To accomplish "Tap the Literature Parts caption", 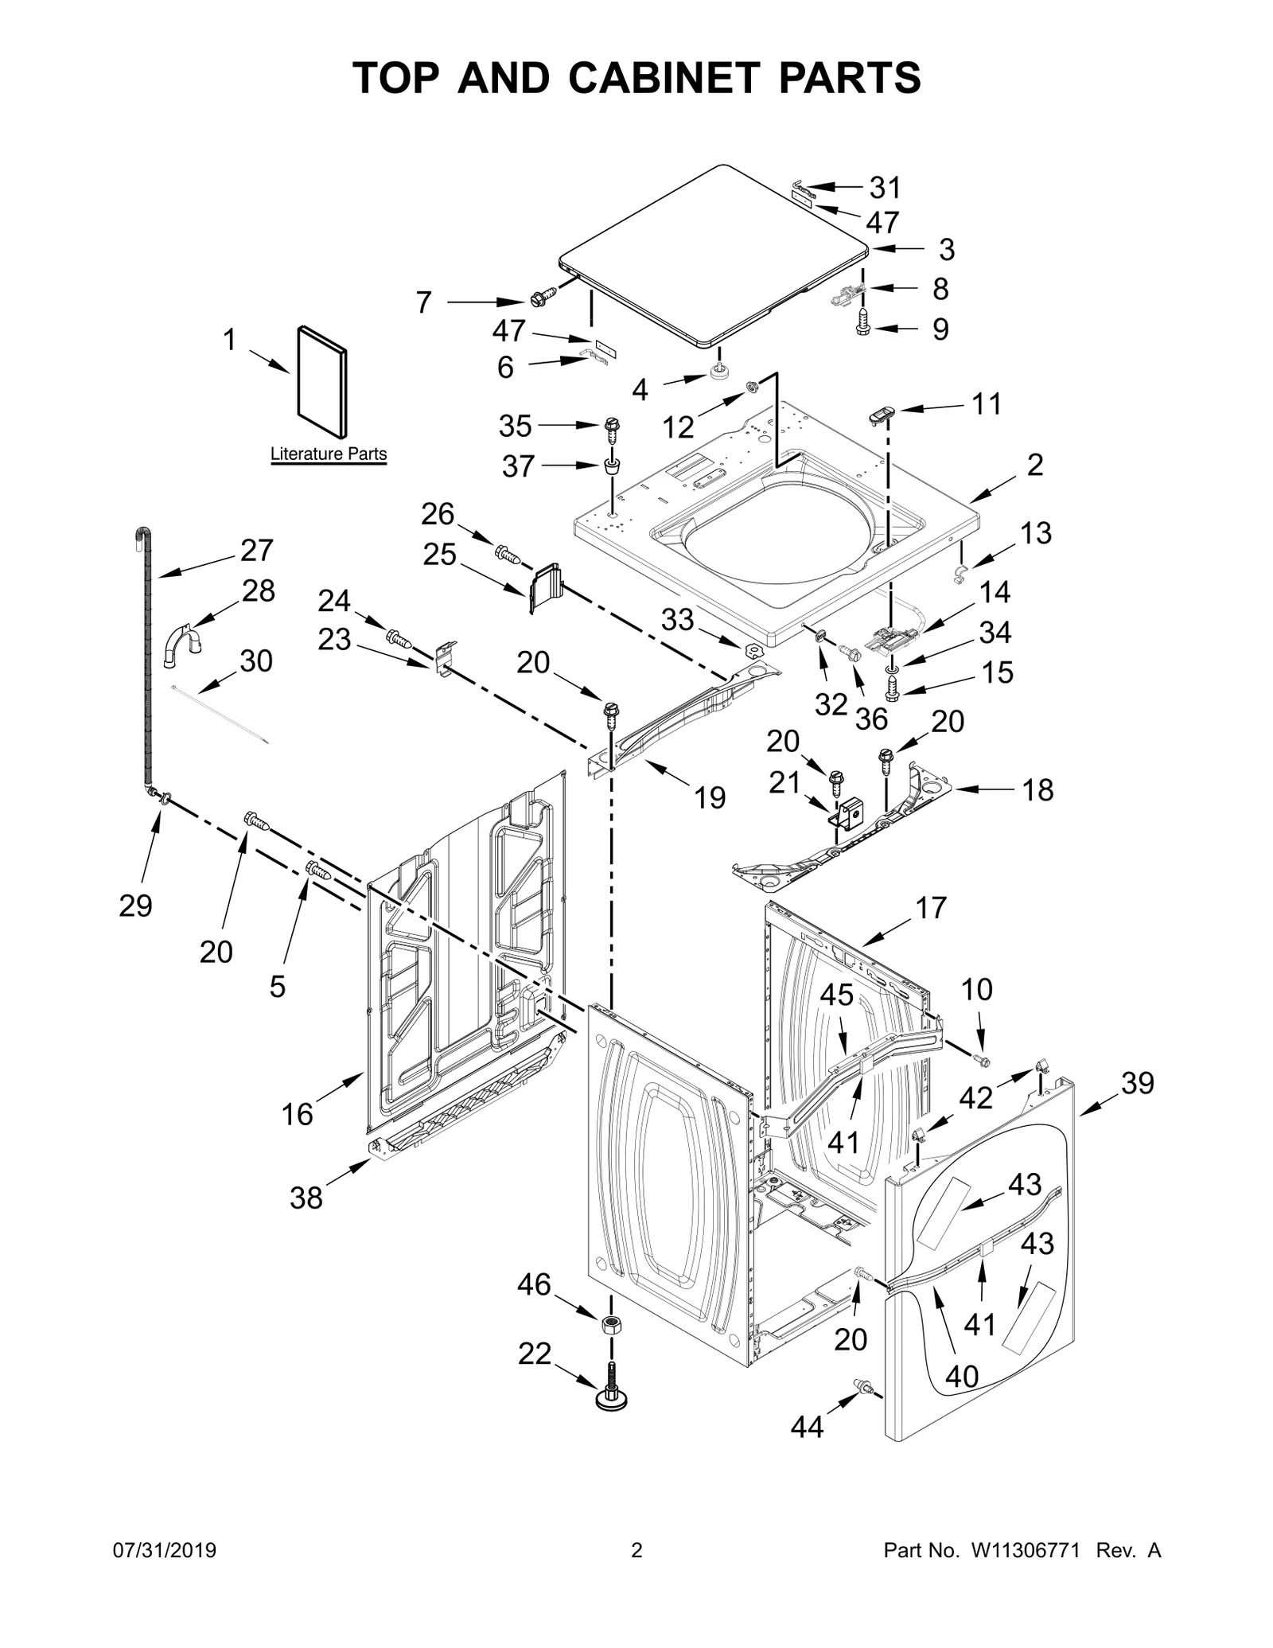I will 328,454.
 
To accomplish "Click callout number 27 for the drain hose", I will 256,550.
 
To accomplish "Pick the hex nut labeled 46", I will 610,1327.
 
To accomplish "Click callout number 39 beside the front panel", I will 1137,1083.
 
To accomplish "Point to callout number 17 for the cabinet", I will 930,907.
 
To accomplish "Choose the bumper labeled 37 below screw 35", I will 612,466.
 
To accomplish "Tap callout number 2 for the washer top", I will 1034,465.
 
